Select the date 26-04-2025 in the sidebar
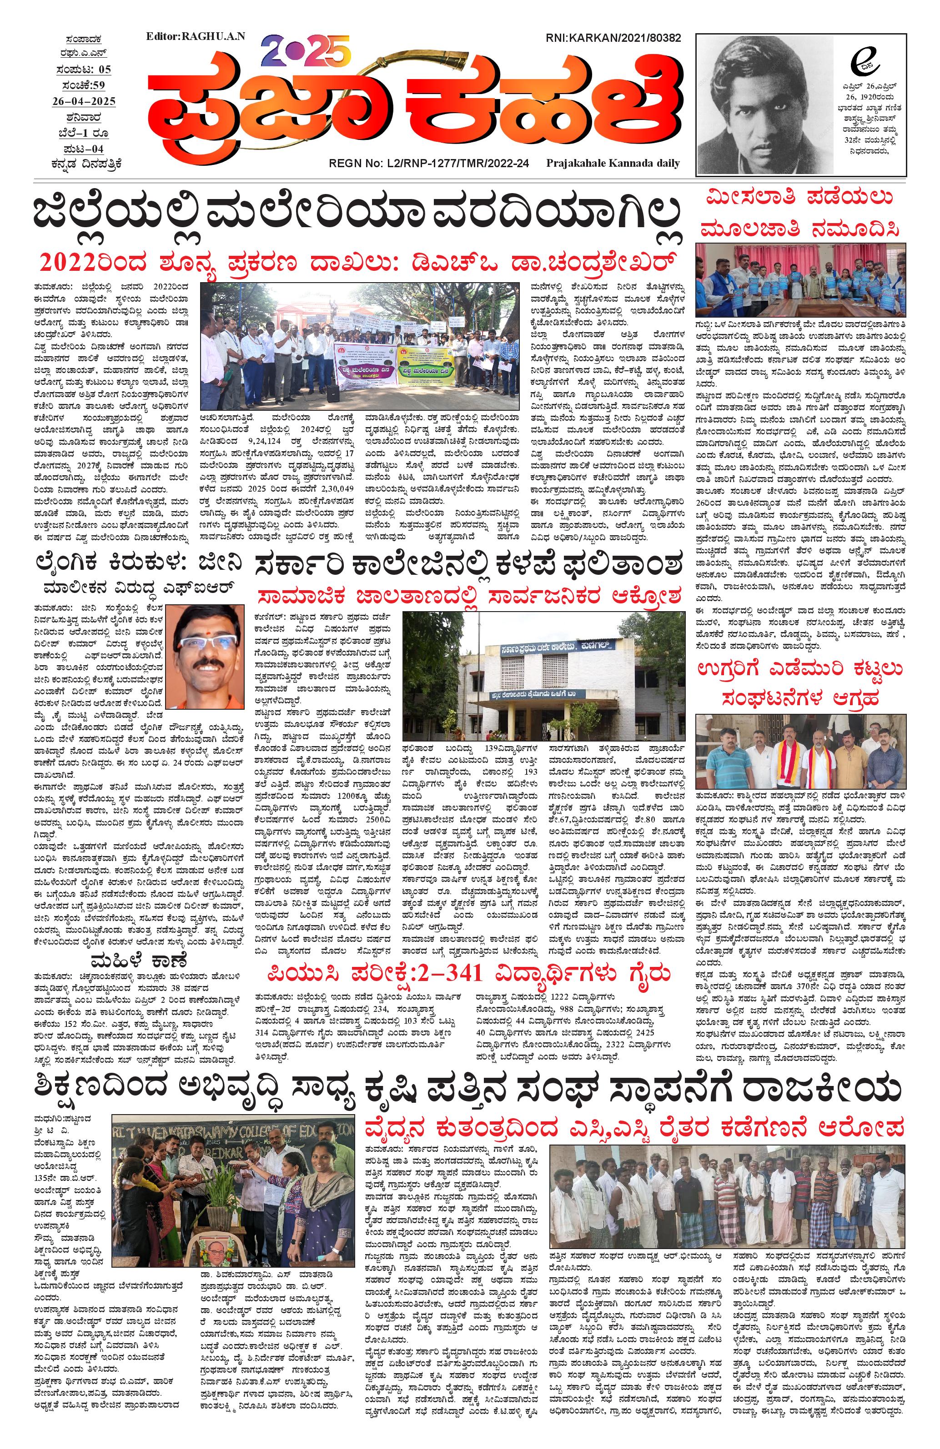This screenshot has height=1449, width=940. pos(85,100)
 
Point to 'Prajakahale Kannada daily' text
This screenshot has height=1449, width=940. pos(613,163)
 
